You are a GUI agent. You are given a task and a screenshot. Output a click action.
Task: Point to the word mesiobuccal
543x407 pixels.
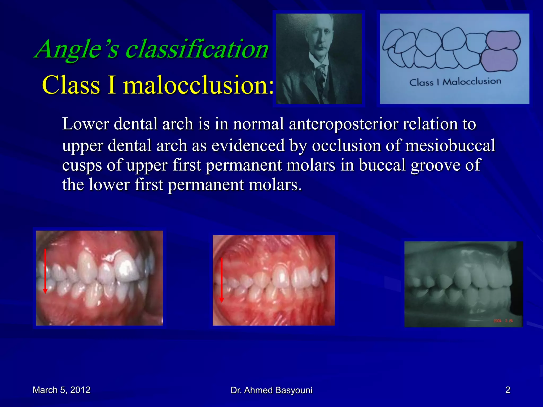coord(450,145)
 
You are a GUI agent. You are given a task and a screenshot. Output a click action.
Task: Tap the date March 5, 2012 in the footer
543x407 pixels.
coord(62,390)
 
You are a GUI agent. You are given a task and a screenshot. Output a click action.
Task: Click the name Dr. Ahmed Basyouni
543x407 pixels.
coord(271,390)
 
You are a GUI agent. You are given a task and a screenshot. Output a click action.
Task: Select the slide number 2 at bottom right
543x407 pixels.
coord(507,390)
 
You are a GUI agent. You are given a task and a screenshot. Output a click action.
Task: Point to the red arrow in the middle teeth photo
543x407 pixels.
coord(222,280)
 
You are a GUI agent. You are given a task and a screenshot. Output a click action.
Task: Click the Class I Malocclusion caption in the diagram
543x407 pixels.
coord(455,82)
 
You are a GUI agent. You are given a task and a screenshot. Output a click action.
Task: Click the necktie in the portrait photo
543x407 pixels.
coord(321,74)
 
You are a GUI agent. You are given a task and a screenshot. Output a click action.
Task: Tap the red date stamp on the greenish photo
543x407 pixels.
coord(503,321)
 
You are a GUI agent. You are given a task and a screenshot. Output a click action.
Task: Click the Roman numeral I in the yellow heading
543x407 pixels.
coord(111,85)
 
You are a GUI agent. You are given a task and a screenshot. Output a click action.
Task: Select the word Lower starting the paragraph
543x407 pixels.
coord(85,124)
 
